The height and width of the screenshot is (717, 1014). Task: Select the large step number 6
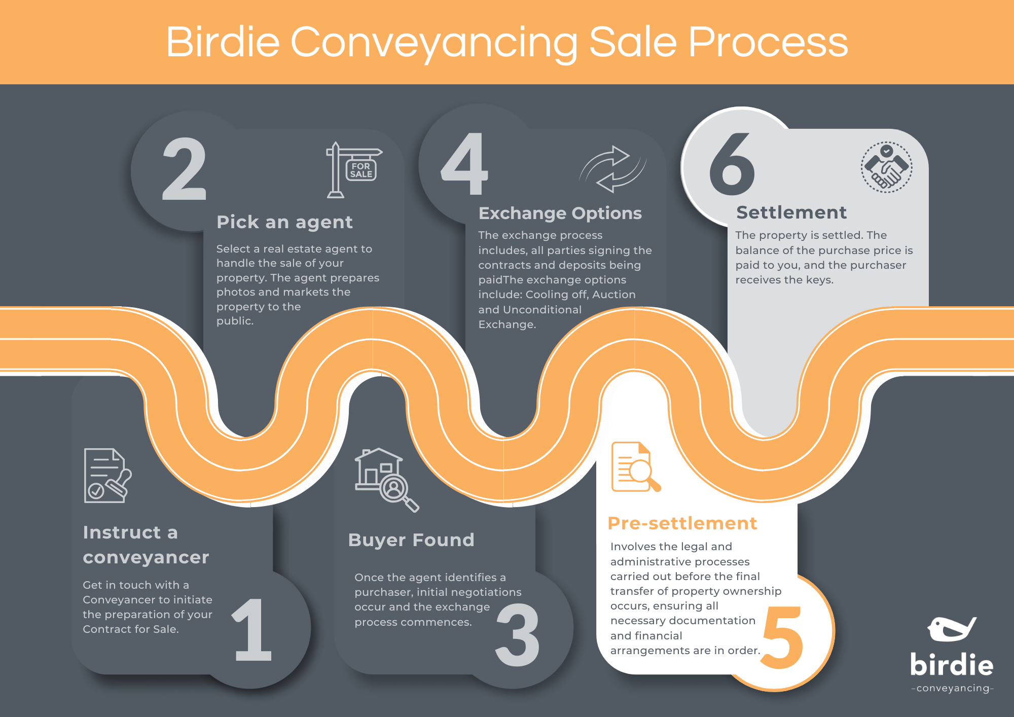732,164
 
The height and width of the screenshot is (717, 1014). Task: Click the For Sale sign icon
353,170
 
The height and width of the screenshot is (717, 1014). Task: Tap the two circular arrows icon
612,169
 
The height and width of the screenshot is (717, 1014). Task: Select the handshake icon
886,167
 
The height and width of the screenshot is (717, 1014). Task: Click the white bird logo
951,629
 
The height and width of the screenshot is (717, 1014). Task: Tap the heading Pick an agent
284,222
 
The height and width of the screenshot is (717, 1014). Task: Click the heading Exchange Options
560,213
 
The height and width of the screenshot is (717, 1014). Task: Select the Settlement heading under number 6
791,212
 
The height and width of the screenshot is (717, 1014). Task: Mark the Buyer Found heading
411,540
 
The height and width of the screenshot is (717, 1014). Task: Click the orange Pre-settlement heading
682,523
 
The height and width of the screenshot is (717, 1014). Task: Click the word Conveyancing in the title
434,43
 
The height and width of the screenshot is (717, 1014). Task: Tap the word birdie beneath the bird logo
952,665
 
